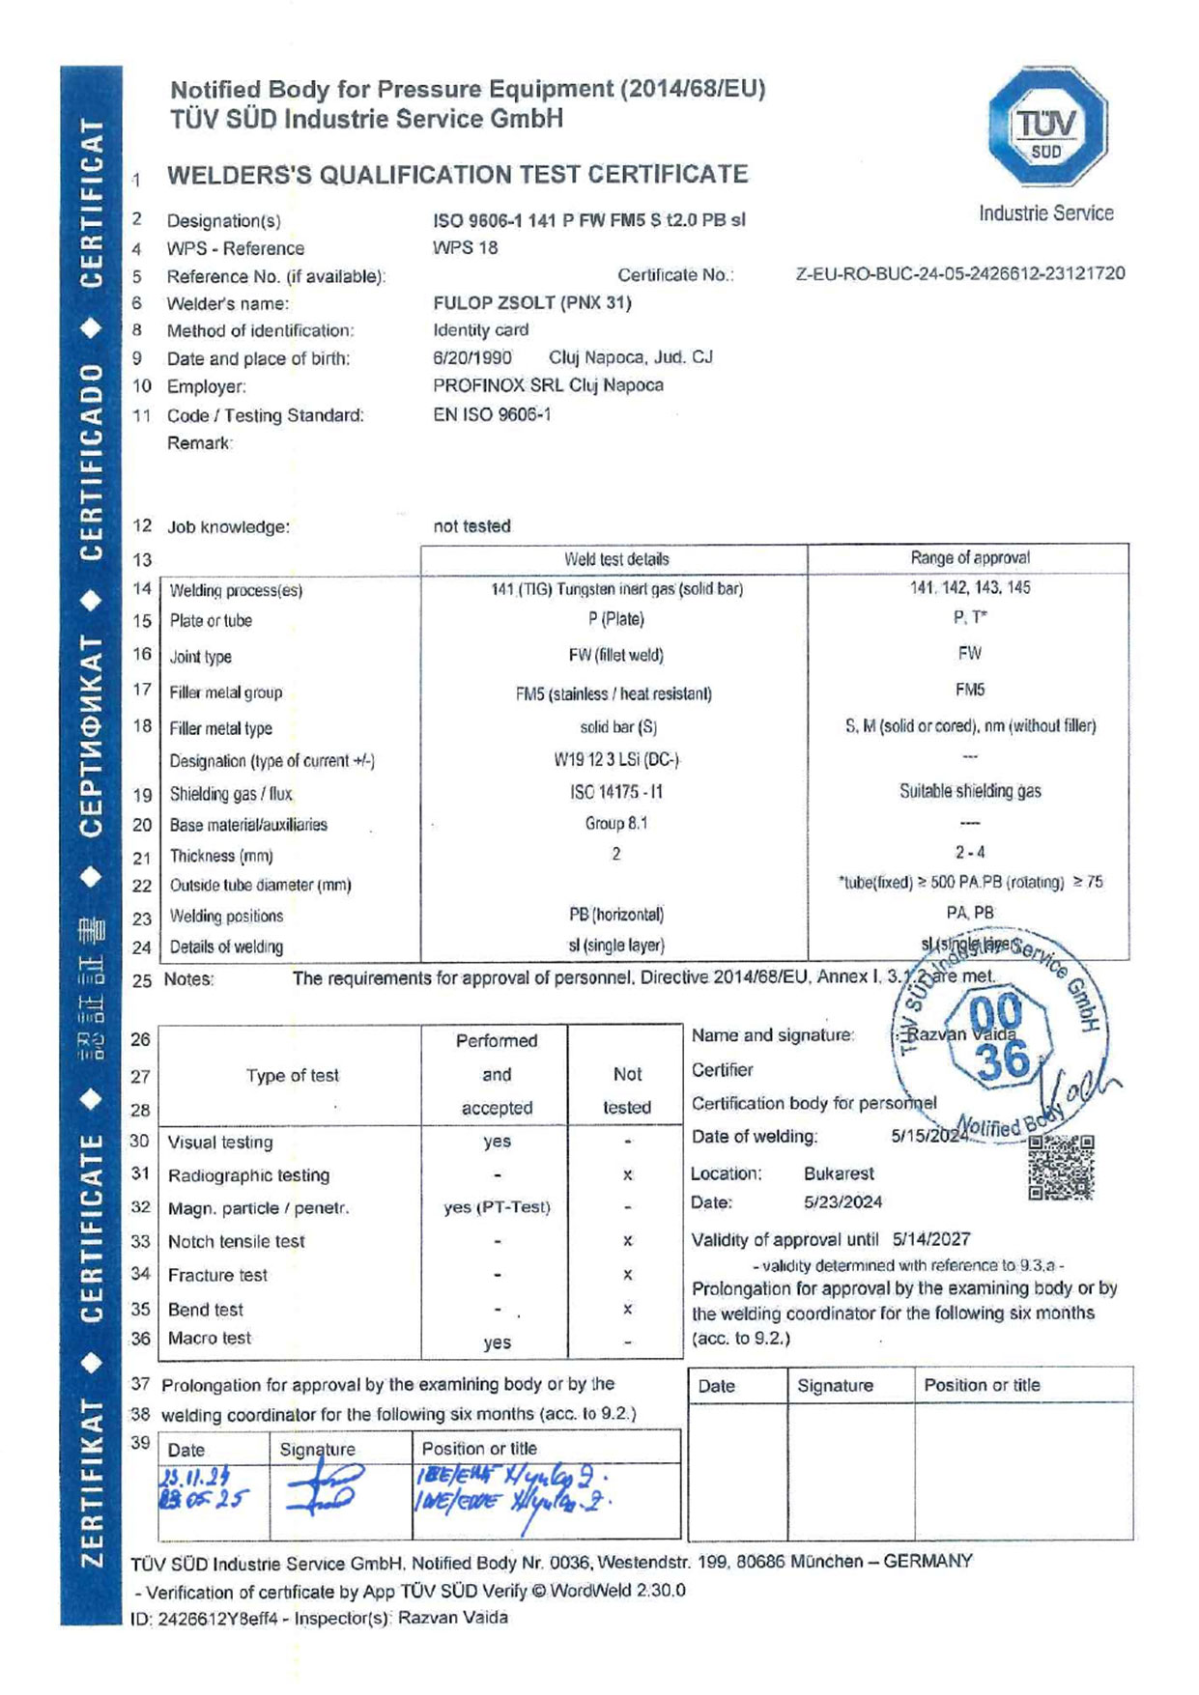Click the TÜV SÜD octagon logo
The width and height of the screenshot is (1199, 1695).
pos(1046,127)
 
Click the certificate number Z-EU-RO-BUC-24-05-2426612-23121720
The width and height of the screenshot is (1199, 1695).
pos(959,273)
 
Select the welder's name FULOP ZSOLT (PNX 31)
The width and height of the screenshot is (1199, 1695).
pos(531,302)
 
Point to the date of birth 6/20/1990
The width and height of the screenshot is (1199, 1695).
pos(472,357)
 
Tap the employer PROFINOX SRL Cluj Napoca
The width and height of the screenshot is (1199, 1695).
pos(548,384)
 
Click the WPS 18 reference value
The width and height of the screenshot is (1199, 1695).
pos(465,247)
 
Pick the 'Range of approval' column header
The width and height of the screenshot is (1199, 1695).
pos(969,557)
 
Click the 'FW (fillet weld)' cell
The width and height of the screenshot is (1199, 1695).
pos(615,655)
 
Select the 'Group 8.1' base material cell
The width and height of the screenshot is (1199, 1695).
pos(615,823)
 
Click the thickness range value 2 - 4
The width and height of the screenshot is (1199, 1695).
pos(969,852)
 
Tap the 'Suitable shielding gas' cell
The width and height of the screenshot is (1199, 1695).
pos(969,791)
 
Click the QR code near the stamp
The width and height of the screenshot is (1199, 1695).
pos(1061,1167)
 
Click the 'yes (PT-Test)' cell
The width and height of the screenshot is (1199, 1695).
pos(497,1207)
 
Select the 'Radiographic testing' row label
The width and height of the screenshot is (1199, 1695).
pos(248,1175)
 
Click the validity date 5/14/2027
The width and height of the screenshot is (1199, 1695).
pos(930,1239)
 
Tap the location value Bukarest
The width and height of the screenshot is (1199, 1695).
pos(838,1173)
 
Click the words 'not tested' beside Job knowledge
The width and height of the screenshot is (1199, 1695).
pos(471,526)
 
